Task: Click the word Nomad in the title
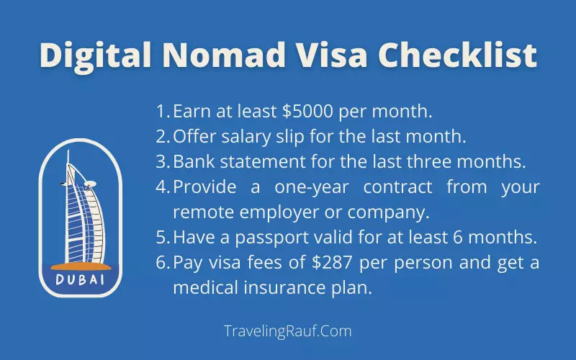tap(224, 55)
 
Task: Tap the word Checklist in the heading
tap(457, 55)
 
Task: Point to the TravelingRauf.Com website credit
tap(287, 331)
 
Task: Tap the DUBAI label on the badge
tap(80, 280)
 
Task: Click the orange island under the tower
tap(81, 266)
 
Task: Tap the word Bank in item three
tap(194, 161)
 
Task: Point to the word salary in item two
tap(246, 137)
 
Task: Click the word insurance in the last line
tap(284, 287)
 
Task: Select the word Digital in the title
tap(95, 56)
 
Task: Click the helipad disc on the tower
tap(90, 183)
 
